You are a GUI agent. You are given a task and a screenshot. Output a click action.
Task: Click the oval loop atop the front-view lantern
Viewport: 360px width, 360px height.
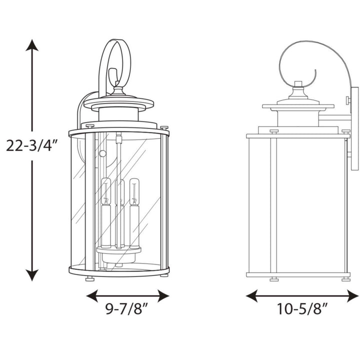click(115, 62)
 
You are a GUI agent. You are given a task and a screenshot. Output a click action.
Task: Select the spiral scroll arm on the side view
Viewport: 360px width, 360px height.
click(300, 62)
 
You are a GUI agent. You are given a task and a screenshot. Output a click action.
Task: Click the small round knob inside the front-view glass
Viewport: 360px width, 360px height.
click(103, 153)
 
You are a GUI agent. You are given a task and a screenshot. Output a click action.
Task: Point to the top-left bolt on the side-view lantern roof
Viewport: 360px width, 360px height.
click(274, 131)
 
